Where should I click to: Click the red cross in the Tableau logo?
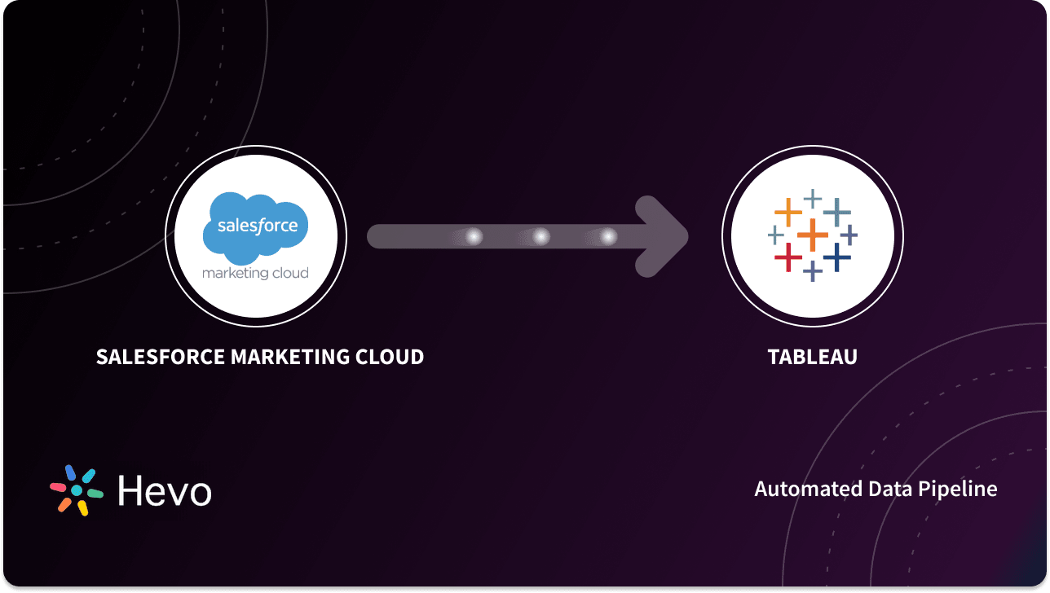(x=787, y=257)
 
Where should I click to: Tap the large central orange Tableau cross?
(x=812, y=235)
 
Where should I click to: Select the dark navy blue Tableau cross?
(x=836, y=257)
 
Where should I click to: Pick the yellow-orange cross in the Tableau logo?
(x=787, y=213)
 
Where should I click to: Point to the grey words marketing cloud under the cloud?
(x=255, y=273)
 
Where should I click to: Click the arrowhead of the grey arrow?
(x=664, y=237)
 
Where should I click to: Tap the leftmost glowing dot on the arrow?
(x=473, y=237)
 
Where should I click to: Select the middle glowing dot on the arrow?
(x=540, y=237)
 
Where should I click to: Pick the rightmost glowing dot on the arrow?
(x=608, y=237)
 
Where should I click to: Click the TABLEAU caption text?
(x=812, y=357)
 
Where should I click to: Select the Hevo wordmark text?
(x=165, y=491)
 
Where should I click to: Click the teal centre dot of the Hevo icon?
(x=77, y=490)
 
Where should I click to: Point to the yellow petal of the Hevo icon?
(x=82, y=508)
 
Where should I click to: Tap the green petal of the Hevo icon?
(x=95, y=494)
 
